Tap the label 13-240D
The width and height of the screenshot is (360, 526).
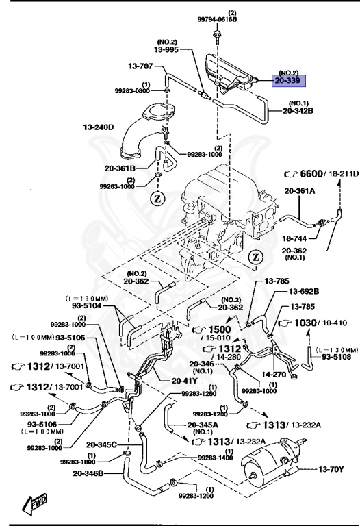(99, 127)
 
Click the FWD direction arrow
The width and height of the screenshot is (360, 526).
(34, 505)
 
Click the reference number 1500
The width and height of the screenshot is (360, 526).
(217, 329)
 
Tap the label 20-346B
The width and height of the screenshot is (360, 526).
(90, 472)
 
